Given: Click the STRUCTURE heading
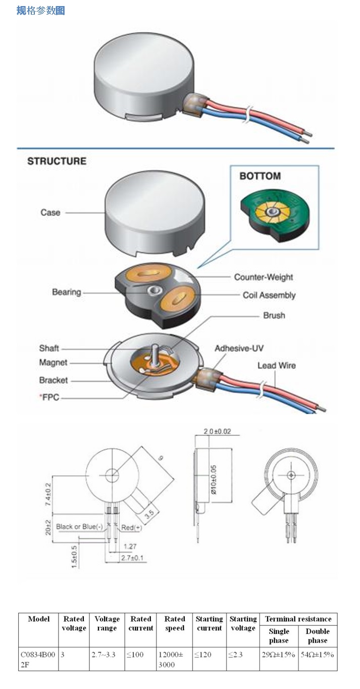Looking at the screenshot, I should [x=57, y=162].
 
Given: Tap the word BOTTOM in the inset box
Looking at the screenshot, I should [x=260, y=176].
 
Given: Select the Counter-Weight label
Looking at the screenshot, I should [x=263, y=277].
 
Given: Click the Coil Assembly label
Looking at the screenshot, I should [x=269, y=295].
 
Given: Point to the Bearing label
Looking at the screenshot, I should [x=66, y=292].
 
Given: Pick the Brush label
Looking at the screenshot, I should [x=274, y=315].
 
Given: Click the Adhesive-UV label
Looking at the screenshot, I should [x=239, y=349].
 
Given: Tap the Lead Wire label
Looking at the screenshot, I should [x=277, y=365].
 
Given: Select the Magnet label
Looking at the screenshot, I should [x=53, y=363].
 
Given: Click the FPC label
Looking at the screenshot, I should [x=50, y=398].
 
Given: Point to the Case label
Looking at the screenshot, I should [x=50, y=213].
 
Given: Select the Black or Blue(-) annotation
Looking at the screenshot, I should [x=79, y=527].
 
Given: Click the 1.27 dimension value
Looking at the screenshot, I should [x=130, y=546].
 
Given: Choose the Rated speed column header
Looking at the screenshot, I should [x=175, y=623].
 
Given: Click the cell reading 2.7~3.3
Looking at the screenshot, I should [x=104, y=655].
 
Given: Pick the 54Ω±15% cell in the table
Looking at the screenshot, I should [x=317, y=655].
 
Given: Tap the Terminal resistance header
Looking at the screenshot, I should [x=298, y=619].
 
